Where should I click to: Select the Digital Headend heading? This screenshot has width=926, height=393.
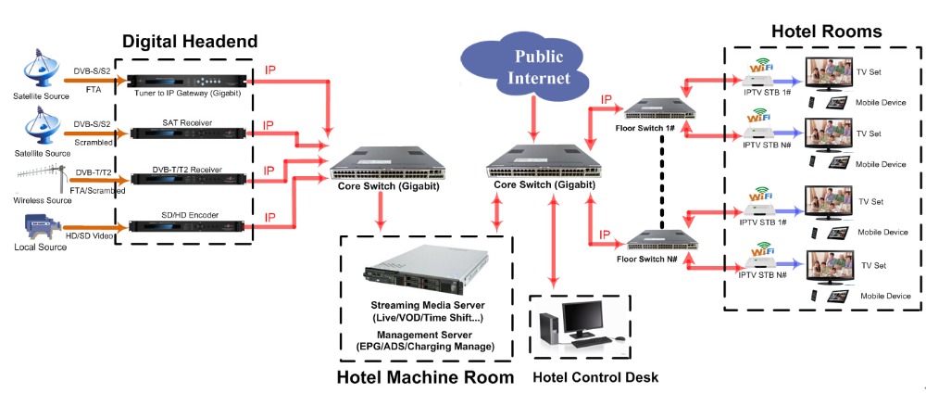[x=190, y=41]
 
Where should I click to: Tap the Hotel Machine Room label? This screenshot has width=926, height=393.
[x=424, y=377]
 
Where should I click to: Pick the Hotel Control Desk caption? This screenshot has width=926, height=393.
[x=595, y=377]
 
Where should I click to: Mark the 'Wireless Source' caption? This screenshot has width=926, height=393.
[x=43, y=199]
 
